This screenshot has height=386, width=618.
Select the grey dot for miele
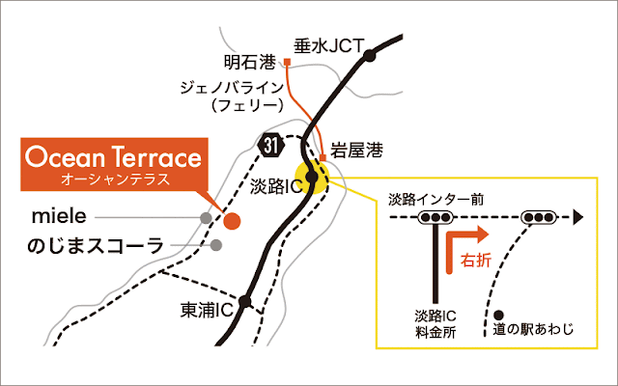(206, 218)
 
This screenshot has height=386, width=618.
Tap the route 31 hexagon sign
(271, 144)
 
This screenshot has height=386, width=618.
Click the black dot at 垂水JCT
(370, 57)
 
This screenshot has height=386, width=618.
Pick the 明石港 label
(250, 64)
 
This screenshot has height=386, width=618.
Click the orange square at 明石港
(287, 64)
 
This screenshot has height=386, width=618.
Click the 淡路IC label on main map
(277, 183)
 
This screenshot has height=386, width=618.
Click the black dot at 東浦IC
(246, 301)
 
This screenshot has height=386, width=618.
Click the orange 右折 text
(477, 261)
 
